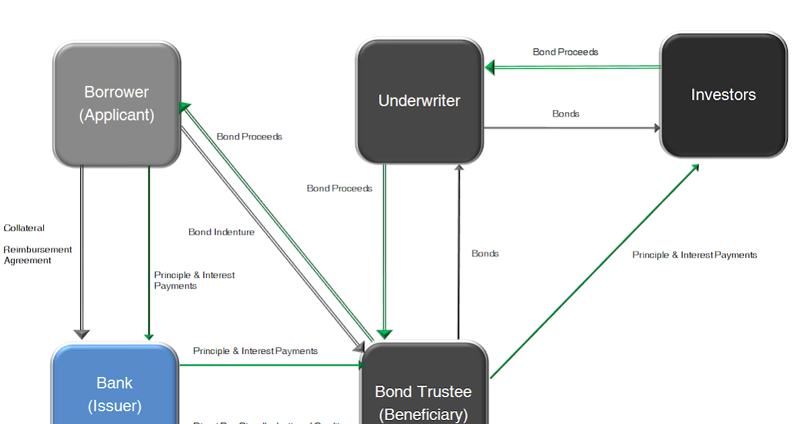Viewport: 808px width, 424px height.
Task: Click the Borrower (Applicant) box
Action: [x=116, y=104]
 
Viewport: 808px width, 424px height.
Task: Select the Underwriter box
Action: [x=419, y=101]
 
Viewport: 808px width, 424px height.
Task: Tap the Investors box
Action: [x=723, y=95]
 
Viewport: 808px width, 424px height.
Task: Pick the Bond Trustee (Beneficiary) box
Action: [x=424, y=397]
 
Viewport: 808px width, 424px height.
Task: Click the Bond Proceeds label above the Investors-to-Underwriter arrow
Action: [x=566, y=52]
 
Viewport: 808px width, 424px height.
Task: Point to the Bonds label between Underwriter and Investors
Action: [x=566, y=114]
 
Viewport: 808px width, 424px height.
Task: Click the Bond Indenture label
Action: [x=222, y=232]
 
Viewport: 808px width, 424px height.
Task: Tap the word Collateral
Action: [x=24, y=228]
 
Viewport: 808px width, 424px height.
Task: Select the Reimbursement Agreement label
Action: [x=38, y=255]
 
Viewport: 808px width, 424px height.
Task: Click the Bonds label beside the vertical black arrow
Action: [x=485, y=254]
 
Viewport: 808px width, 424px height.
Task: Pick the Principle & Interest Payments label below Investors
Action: [x=695, y=255]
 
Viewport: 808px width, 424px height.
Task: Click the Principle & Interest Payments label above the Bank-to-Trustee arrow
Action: [x=255, y=351]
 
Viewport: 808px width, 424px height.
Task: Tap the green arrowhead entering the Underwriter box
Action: [x=490, y=67]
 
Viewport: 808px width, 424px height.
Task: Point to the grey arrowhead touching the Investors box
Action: [x=656, y=128]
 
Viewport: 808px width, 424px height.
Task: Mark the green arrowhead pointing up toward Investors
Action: [x=694, y=167]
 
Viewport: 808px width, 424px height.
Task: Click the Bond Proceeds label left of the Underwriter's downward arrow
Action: [x=339, y=188]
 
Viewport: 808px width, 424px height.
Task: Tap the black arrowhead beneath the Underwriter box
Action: [x=459, y=168]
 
